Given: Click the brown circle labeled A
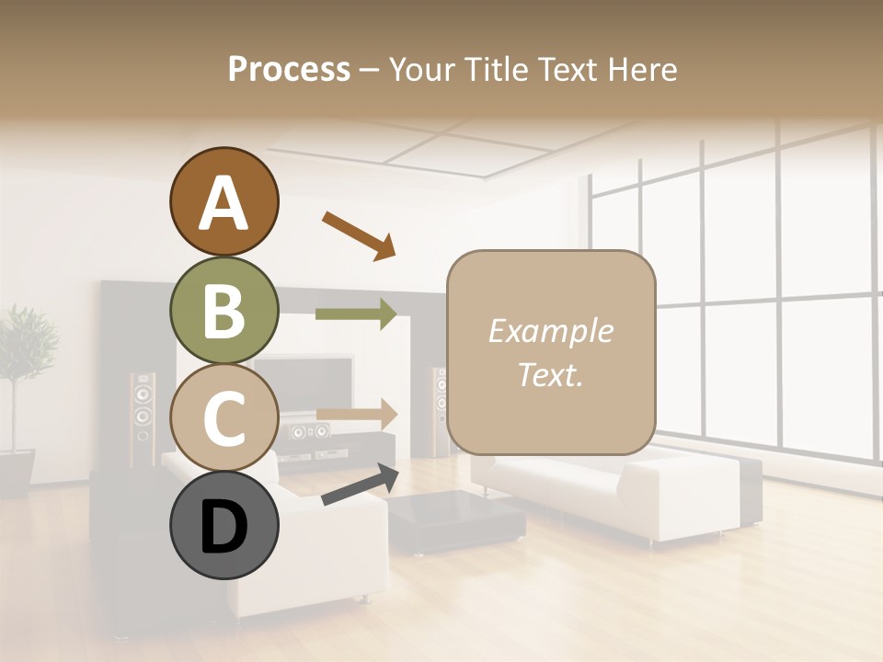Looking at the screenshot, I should [x=224, y=202].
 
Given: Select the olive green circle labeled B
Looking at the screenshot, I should [x=224, y=311].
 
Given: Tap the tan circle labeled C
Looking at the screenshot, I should [x=224, y=417].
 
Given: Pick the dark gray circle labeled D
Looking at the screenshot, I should [x=224, y=526].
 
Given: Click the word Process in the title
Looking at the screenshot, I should [x=289, y=69].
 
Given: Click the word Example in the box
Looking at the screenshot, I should [x=550, y=331].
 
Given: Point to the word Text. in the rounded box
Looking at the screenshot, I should [x=550, y=375].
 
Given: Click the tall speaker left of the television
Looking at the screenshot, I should [x=142, y=418].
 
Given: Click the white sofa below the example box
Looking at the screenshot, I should [x=607, y=496].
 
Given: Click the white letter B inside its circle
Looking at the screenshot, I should [x=224, y=311].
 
